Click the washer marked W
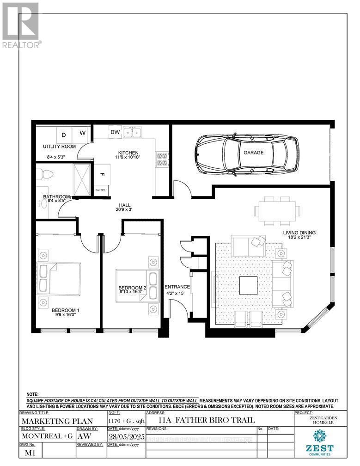(x=83, y=133)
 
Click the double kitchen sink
(x=136, y=133)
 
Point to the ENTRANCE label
(x=177, y=287)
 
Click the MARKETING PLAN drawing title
(x=56, y=421)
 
